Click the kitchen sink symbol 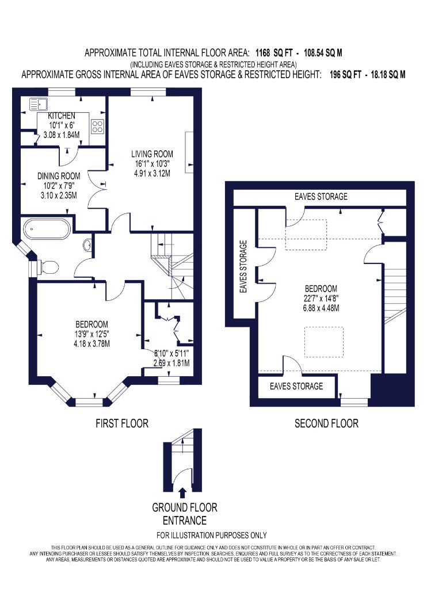coord(38,105)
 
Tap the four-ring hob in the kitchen coord(97,127)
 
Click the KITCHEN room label coord(62,116)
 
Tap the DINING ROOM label coord(59,176)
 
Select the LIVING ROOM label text coord(152,154)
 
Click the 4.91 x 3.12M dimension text coord(152,173)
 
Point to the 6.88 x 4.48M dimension coord(321,308)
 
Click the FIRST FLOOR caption coord(122,424)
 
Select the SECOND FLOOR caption coord(326,424)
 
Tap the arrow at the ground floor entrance coord(182,493)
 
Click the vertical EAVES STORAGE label coord(243,266)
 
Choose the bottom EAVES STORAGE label coord(296,386)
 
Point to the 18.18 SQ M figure coord(388,74)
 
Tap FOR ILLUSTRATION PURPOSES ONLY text coord(212,535)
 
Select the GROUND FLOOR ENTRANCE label coord(185,514)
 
